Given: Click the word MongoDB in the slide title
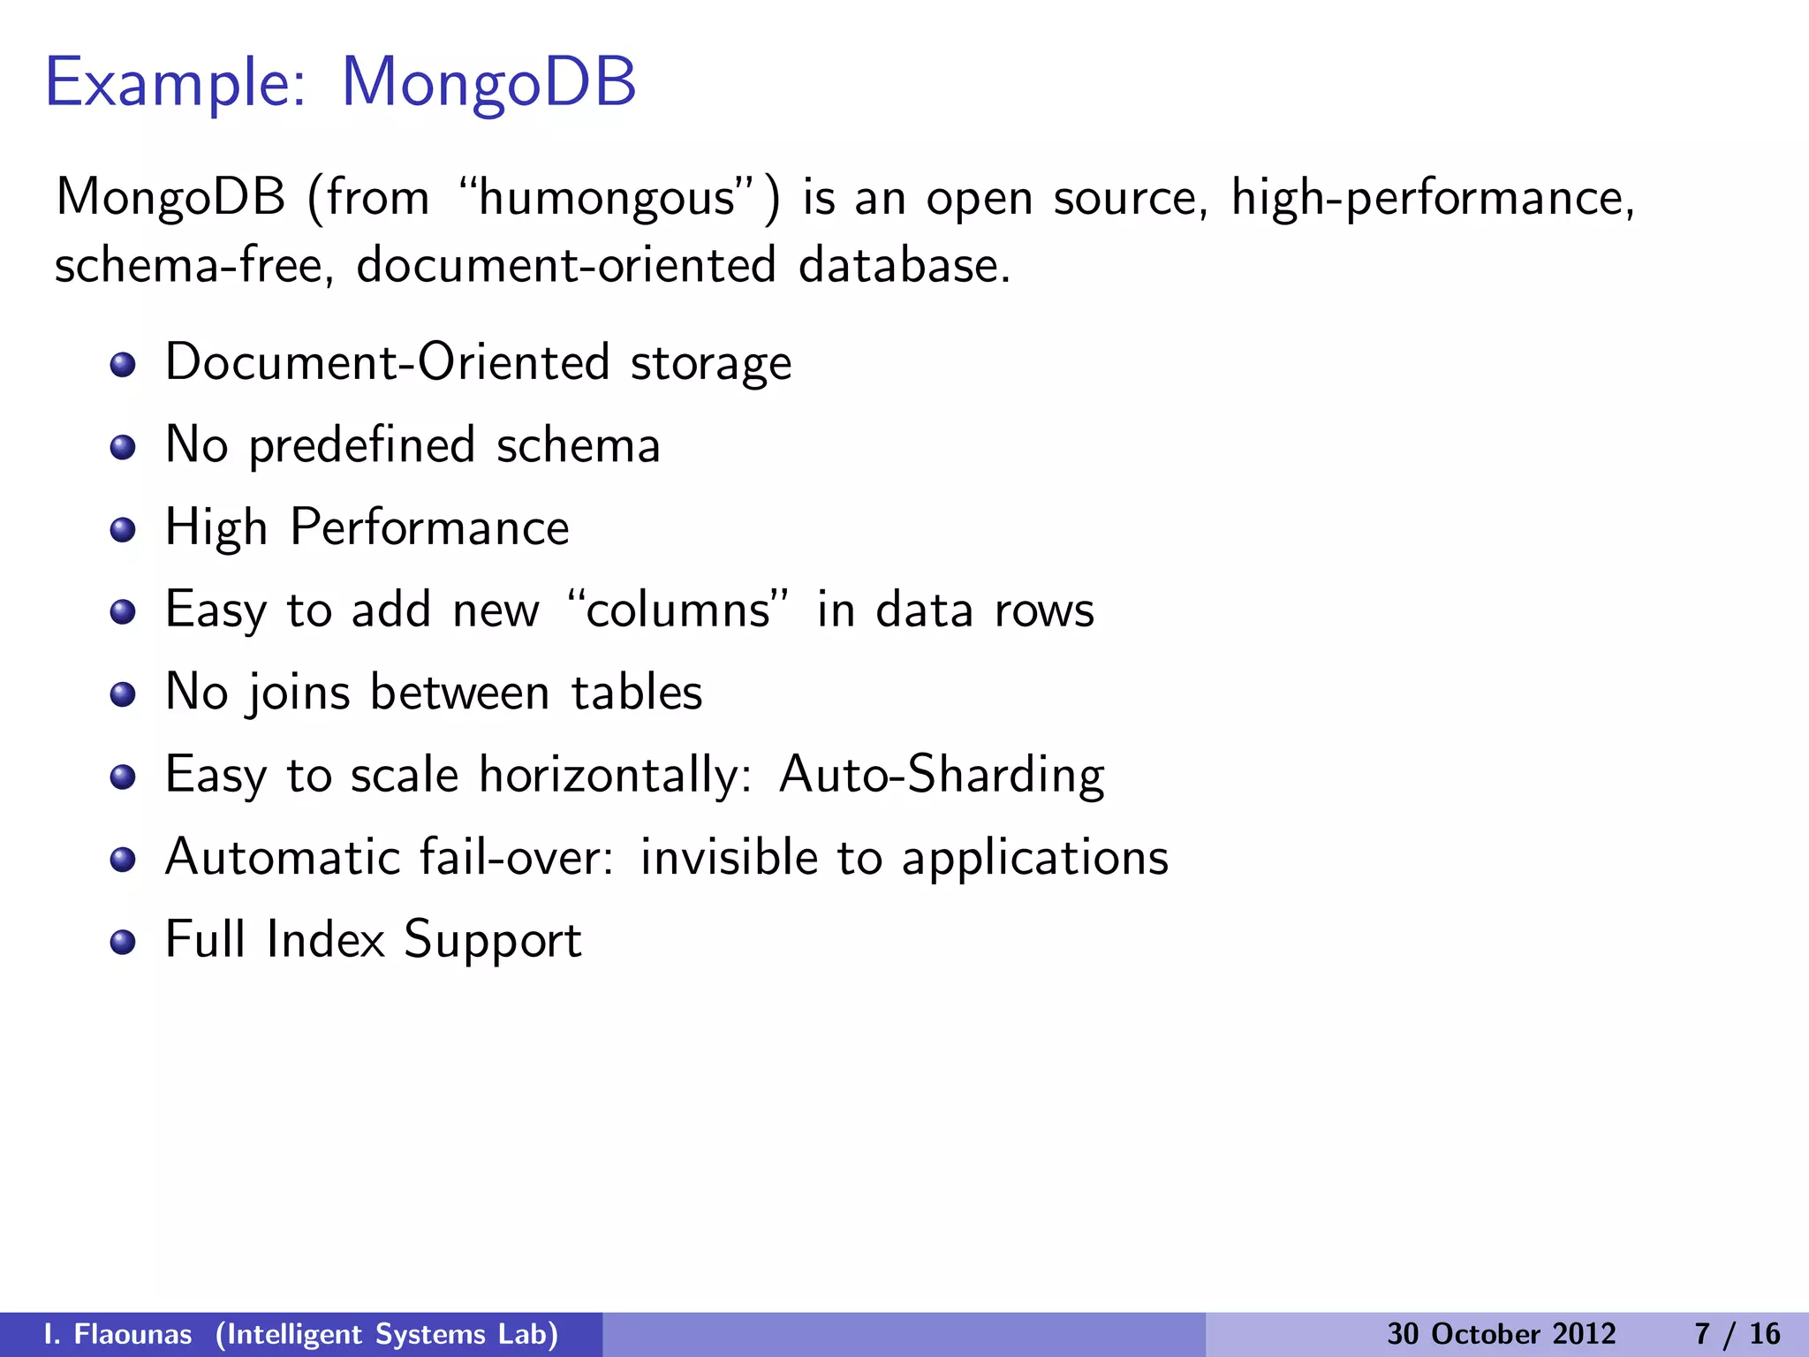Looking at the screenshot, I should pos(488,82).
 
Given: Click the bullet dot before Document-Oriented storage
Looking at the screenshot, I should pos(123,364).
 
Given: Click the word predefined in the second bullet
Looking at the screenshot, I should pos(362,445).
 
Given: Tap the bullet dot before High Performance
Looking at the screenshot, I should pos(123,529).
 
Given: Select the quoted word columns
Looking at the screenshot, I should pos(677,610).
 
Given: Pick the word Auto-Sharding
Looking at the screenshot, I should pos(942,775).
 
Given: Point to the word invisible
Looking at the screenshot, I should pos(730,857).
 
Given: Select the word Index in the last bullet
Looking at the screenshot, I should pos(325,939).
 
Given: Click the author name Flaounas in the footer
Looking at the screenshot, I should pos(132,1334).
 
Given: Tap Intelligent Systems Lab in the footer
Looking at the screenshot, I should pos(387,1334).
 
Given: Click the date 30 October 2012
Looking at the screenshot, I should pos(1501,1334).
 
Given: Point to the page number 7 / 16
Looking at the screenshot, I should pos(1737,1334).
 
